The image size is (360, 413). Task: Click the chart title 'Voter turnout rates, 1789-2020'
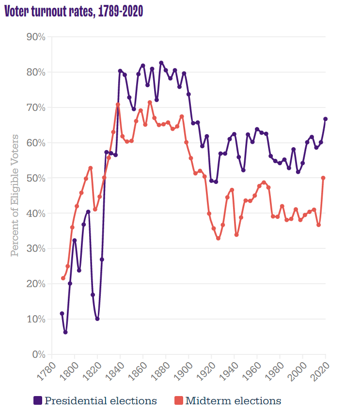(74, 12)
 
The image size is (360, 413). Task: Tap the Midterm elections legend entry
(227, 400)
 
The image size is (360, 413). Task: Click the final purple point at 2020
(326, 119)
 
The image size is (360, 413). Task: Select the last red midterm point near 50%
(323, 178)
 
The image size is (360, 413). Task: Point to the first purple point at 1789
(62, 313)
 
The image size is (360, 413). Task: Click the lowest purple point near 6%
(65, 332)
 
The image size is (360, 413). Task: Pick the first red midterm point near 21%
(63, 278)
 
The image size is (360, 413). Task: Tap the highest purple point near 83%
(161, 63)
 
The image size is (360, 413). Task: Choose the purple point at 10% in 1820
(97, 319)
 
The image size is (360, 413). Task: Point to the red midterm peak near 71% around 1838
(118, 105)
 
